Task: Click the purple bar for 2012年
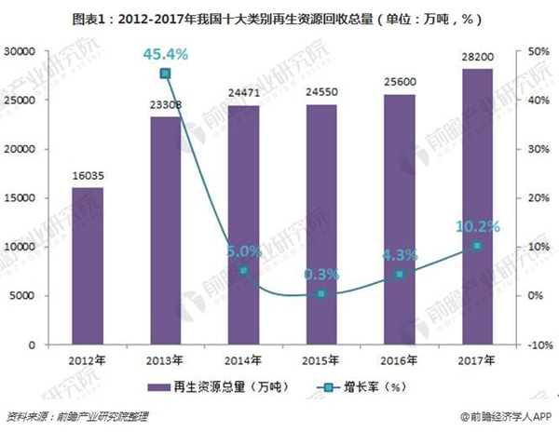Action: [88, 266]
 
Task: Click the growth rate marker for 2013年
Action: [165, 73]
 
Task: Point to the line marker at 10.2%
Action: [476, 246]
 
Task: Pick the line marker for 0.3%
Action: [320, 294]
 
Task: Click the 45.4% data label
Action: [165, 54]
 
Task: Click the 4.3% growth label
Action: [399, 252]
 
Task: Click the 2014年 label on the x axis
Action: [243, 360]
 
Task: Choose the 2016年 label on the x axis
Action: [399, 360]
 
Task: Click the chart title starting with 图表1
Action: [279, 17]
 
